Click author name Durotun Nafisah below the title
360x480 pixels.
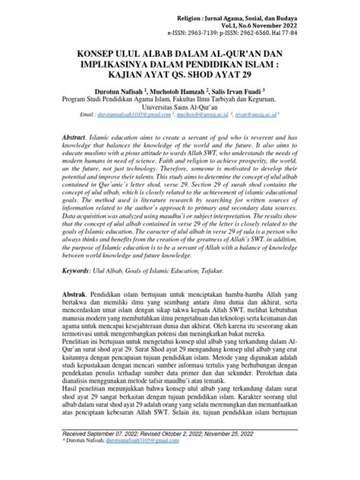(129, 90)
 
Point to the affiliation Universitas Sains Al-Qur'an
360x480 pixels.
(180, 108)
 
